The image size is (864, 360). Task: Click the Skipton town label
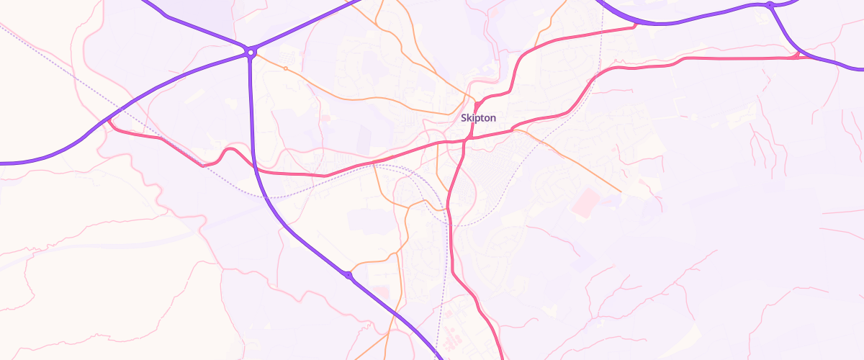(x=478, y=117)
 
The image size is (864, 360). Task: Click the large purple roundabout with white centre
(x=251, y=52)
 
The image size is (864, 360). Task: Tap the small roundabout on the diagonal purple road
(x=348, y=275)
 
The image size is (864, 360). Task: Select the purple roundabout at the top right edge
(x=770, y=6)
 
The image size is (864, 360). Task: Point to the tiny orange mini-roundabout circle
(x=286, y=68)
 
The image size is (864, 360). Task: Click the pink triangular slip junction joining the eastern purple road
(x=796, y=54)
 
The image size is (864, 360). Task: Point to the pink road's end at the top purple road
(x=634, y=26)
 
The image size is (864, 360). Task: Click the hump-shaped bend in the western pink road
(x=230, y=150)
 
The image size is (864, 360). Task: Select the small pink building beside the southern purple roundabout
(x=382, y=292)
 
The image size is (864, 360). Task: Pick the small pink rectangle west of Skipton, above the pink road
(x=325, y=117)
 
